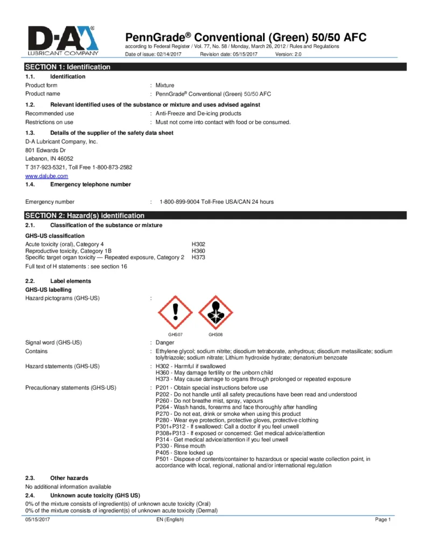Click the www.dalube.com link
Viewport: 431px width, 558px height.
pos(47,176)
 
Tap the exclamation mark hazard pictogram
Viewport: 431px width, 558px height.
pos(175,313)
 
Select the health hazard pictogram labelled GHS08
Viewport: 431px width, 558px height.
pos(215,313)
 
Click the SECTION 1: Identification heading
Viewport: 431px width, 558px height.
pos(68,67)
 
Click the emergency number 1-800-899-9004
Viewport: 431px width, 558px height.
pos(217,202)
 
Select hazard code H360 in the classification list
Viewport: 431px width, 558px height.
pos(198,251)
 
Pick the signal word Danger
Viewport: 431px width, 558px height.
pos(165,342)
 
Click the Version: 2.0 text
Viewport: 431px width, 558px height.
pos(288,54)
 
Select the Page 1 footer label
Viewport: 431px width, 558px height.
pos(383,519)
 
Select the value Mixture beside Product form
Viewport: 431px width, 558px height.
pos(165,85)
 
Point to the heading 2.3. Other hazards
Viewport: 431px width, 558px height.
pos(57,478)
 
